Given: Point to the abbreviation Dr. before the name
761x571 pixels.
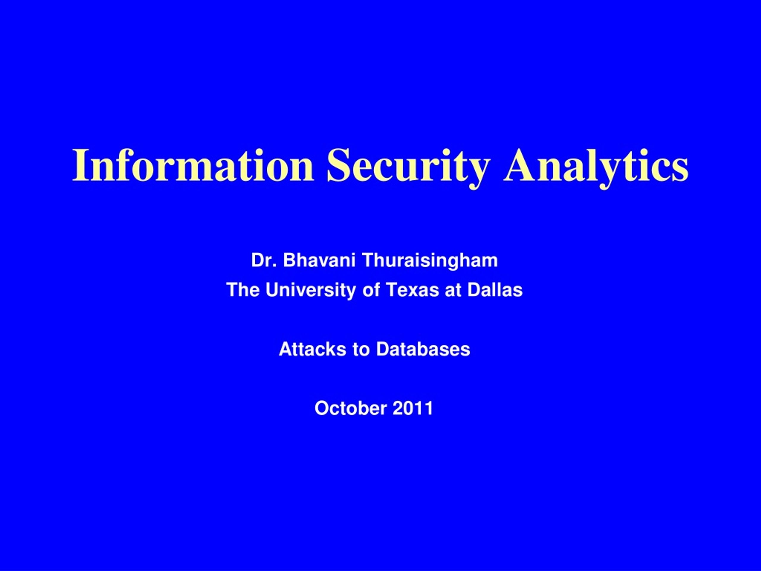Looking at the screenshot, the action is [x=264, y=260].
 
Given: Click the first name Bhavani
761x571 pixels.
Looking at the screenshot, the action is [x=319, y=260].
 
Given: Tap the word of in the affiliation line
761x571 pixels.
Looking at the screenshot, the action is [x=371, y=290].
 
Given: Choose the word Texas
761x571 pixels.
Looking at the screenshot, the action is [x=413, y=290].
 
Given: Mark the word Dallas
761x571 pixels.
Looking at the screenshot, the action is [x=495, y=290].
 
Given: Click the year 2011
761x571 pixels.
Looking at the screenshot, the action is [x=413, y=409].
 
